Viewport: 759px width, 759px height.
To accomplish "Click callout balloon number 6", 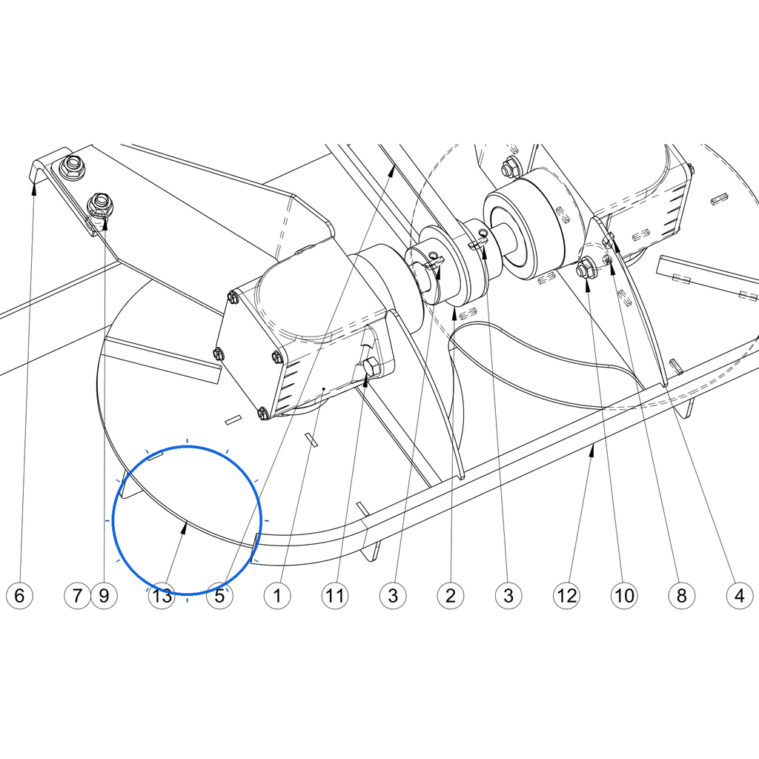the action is coord(19,595).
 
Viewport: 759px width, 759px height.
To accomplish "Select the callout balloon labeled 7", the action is coord(77,595).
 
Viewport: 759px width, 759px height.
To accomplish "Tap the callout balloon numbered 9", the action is coord(104,595).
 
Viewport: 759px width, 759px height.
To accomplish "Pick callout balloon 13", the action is coord(162,595).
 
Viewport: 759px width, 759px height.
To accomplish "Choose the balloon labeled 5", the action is coord(219,595).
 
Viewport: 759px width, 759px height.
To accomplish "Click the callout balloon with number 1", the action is coord(277,595).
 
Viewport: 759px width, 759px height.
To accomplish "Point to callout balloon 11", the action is coord(335,595).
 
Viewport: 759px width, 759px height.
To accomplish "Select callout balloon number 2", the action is coord(451,595).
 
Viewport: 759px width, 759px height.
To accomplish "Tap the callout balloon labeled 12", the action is coord(566,595).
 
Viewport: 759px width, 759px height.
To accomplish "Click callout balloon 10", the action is coord(624,595).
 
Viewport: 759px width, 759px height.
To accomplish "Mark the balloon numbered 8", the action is coord(682,595).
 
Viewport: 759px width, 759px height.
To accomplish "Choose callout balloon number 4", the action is coord(740,595).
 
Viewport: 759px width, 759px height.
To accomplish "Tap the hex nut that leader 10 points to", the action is coord(585,267).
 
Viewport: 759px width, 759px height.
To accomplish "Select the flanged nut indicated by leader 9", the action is coord(100,205).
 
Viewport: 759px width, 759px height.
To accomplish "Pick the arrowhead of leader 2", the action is coord(454,314).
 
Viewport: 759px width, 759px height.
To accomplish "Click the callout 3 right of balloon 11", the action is coord(393,595).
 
